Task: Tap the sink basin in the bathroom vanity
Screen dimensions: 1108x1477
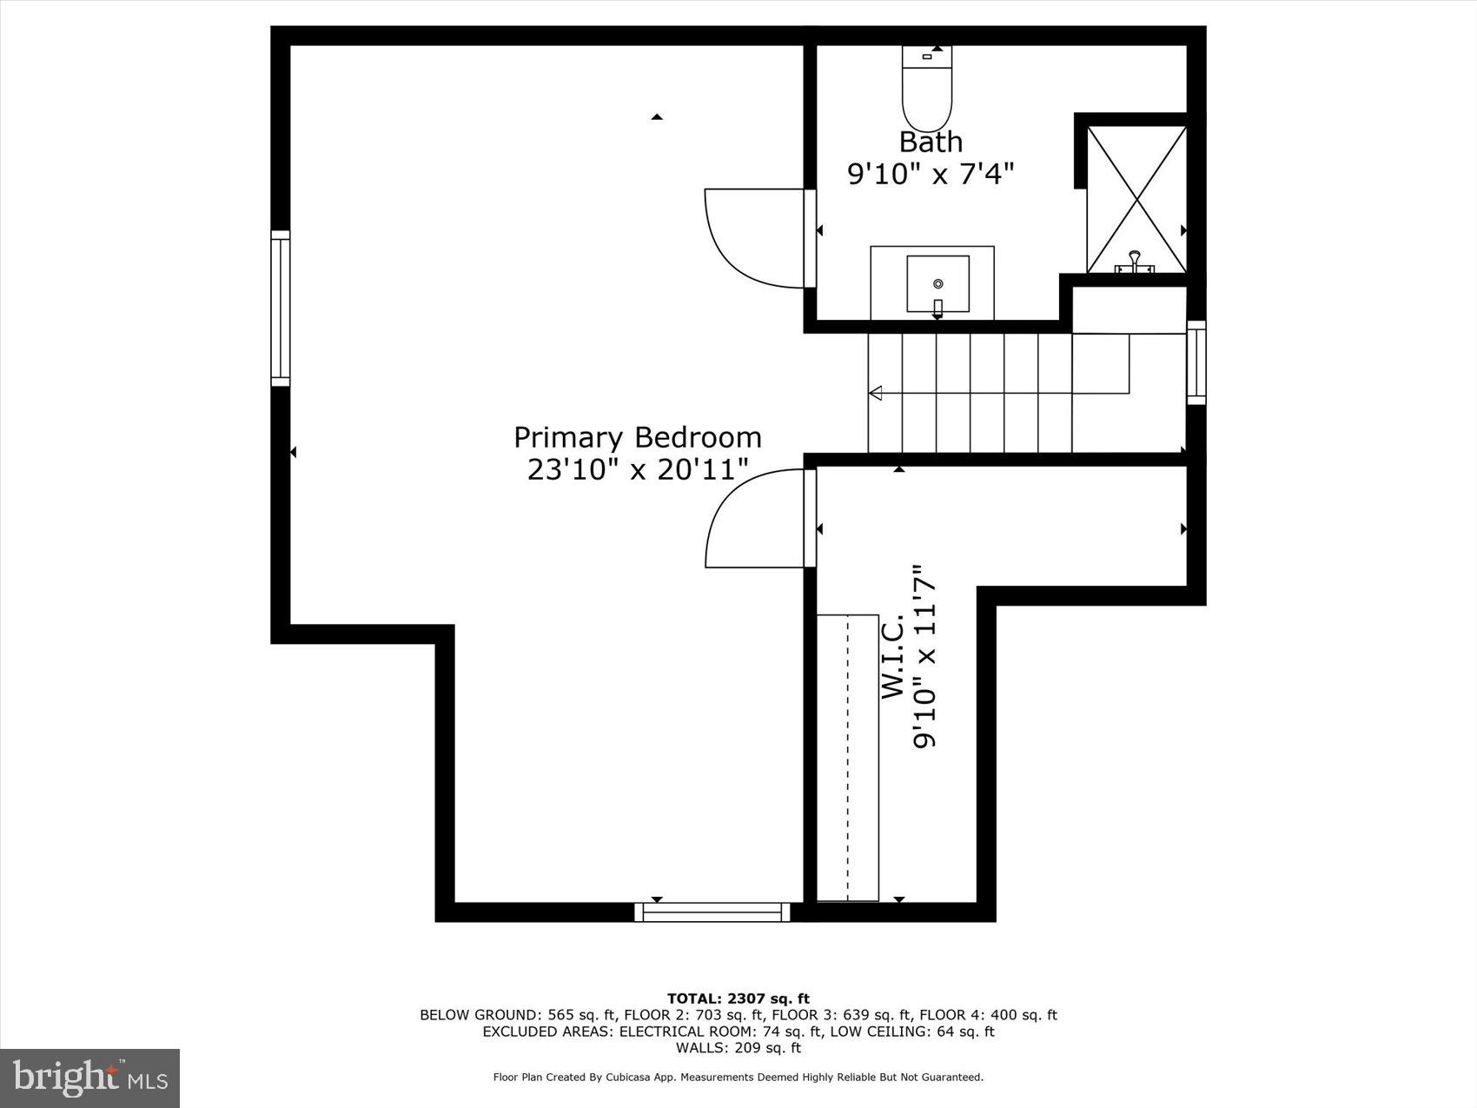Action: [x=937, y=283]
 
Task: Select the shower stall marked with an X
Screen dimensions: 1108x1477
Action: [x=1136, y=198]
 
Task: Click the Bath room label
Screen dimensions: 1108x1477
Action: [x=931, y=142]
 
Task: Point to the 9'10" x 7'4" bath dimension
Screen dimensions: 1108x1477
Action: [x=931, y=175]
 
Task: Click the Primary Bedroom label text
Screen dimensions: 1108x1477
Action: [x=637, y=437]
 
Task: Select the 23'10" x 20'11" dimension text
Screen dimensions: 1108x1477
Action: [x=637, y=470]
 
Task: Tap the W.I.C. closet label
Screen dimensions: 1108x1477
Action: [x=894, y=656]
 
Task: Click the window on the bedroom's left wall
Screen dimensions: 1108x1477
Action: [x=280, y=309]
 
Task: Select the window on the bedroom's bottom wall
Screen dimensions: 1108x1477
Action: [x=712, y=912]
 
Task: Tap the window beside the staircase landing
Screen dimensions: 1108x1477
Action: [x=1196, y=362]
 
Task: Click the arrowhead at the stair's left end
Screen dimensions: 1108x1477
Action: [x=875, y=393]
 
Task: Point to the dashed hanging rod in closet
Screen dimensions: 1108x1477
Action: [x=848, y=756]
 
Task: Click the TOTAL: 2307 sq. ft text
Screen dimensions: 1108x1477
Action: [x=738, y=999]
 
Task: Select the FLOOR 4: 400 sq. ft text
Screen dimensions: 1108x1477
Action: [x=988, y=1015]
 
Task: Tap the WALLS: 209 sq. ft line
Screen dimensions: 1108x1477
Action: [x=738, y=1048]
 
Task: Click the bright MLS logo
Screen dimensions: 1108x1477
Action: [x=90, y=1078]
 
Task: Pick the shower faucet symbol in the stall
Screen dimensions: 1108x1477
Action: [x=1135, y=262]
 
